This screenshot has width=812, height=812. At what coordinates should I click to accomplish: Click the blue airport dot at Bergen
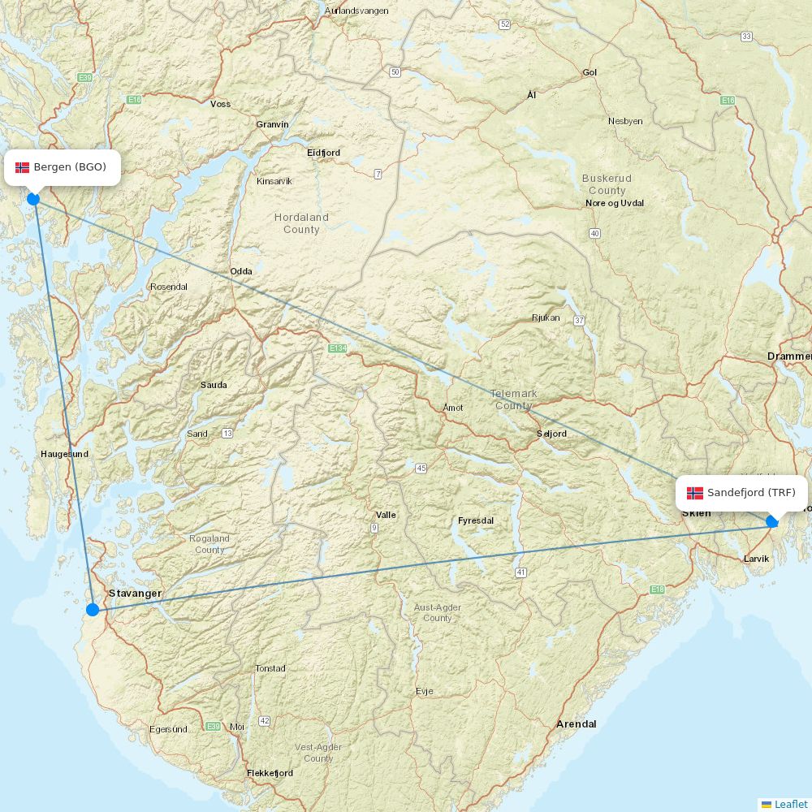point(33,199)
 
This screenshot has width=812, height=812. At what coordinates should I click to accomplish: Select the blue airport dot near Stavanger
point(93,610)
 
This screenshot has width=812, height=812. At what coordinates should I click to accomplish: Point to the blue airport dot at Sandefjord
point(772,521)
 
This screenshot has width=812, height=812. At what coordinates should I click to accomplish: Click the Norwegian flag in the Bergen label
point(23,167)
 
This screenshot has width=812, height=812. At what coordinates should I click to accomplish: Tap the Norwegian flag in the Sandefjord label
point(695,493)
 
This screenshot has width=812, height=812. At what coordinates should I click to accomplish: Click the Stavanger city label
point(135,594)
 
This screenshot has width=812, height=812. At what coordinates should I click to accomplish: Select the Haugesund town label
point(65,454)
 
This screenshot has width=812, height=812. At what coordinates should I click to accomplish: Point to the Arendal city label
point(576,723)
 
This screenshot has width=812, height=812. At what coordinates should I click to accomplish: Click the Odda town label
point(241,271)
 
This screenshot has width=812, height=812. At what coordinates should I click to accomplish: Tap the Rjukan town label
point(546,317)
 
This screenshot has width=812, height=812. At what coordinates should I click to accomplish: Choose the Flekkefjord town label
point(270,773)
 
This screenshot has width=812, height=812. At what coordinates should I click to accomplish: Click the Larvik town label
point(756,559)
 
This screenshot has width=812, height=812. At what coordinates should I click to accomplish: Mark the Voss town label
point(220,104)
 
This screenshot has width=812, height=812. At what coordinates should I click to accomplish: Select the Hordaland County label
point(301,223)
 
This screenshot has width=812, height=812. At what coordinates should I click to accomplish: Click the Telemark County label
point(513,400)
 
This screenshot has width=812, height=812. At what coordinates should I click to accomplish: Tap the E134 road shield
point(338,348)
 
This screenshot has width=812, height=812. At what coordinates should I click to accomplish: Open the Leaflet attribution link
point(790,804)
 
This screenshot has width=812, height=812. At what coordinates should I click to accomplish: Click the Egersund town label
point(168,729)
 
